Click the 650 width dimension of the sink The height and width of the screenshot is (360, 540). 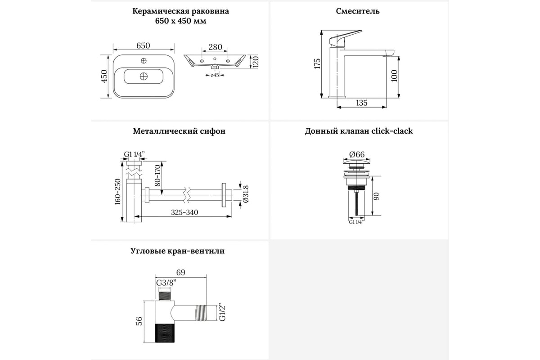tap(143, 45)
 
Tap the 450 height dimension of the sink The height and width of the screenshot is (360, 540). tap(104, 76)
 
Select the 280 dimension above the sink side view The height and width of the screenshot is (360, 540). tap(215, 47)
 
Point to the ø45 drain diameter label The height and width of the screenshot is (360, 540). tap(215, 75)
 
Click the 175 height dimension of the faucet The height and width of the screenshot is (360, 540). tap(317, 63)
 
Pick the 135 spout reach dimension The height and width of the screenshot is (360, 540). tap(362, 103)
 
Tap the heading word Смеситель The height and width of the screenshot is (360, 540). tap(357, 11)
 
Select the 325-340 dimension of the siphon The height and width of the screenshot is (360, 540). tap(184, 212)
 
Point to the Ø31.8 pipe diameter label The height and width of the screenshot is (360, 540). tap(246, 194)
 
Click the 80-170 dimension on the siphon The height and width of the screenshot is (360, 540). tap(157, 175)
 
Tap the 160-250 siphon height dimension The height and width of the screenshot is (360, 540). tap(117, 192)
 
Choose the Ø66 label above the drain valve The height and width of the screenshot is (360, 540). tap(357, 154)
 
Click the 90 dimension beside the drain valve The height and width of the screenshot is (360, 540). tap(376, 196)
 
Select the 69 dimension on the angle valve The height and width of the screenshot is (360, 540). tap(180, 272)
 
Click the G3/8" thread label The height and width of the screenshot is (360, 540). tap(166, 283)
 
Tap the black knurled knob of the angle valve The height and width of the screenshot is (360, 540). tap(164, 333)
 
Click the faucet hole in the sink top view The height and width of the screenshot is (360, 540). tap(144, 60)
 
